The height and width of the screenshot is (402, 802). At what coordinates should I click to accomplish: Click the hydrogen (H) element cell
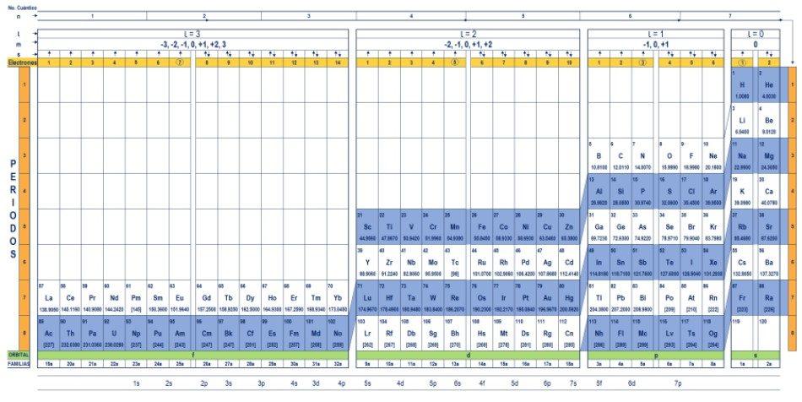(742, 84)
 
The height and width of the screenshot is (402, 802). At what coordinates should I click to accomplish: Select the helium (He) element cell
(768, 84)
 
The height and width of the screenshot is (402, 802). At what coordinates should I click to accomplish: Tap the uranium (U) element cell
(115, 334)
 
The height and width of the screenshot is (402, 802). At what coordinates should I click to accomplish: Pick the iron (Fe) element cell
(481, 227)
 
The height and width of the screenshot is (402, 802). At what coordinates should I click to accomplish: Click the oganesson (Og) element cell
(715, 334)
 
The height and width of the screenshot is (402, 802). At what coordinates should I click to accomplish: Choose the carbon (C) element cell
(620, 155)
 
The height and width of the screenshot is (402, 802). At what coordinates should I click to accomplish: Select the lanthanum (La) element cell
(49, 298)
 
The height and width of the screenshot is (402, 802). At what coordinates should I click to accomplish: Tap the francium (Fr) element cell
(742, 298)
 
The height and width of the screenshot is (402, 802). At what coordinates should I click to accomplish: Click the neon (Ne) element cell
(715, 155)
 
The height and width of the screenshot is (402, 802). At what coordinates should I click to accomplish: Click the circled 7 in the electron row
(179, 62)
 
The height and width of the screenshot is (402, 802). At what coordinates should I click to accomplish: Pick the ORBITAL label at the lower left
(19, 354)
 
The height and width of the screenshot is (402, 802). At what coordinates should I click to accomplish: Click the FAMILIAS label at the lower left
(19, 364)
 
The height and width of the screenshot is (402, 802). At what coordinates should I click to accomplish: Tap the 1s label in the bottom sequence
(136, 383)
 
